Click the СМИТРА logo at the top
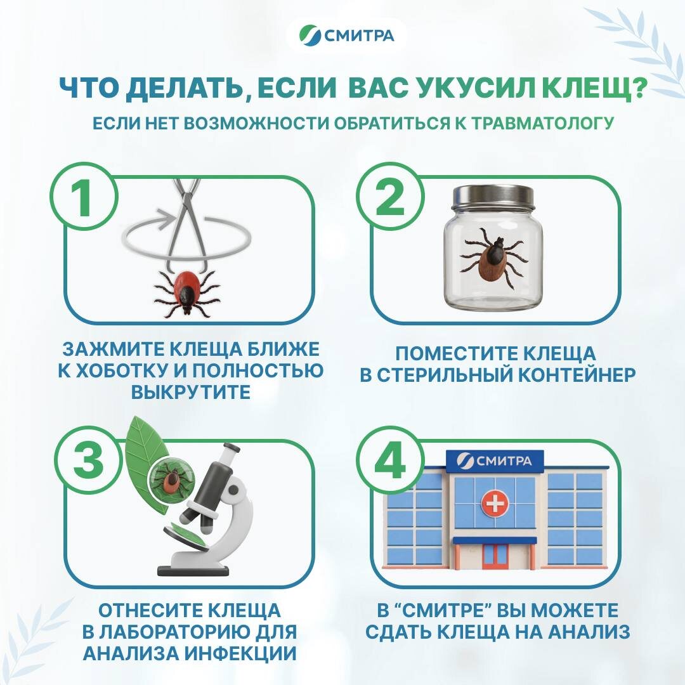tap(347, 35)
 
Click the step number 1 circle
tap(84, 196)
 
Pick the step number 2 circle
tap(390, 196)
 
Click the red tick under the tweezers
tap(187, 292)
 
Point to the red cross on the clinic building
tap(495, 503)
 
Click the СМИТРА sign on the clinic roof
tap(495, 461)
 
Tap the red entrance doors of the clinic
tap(495, 556)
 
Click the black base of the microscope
tap(193, 570)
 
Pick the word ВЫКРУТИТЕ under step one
tap(191, 392)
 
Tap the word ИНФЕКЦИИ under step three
tap(240, 653)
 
